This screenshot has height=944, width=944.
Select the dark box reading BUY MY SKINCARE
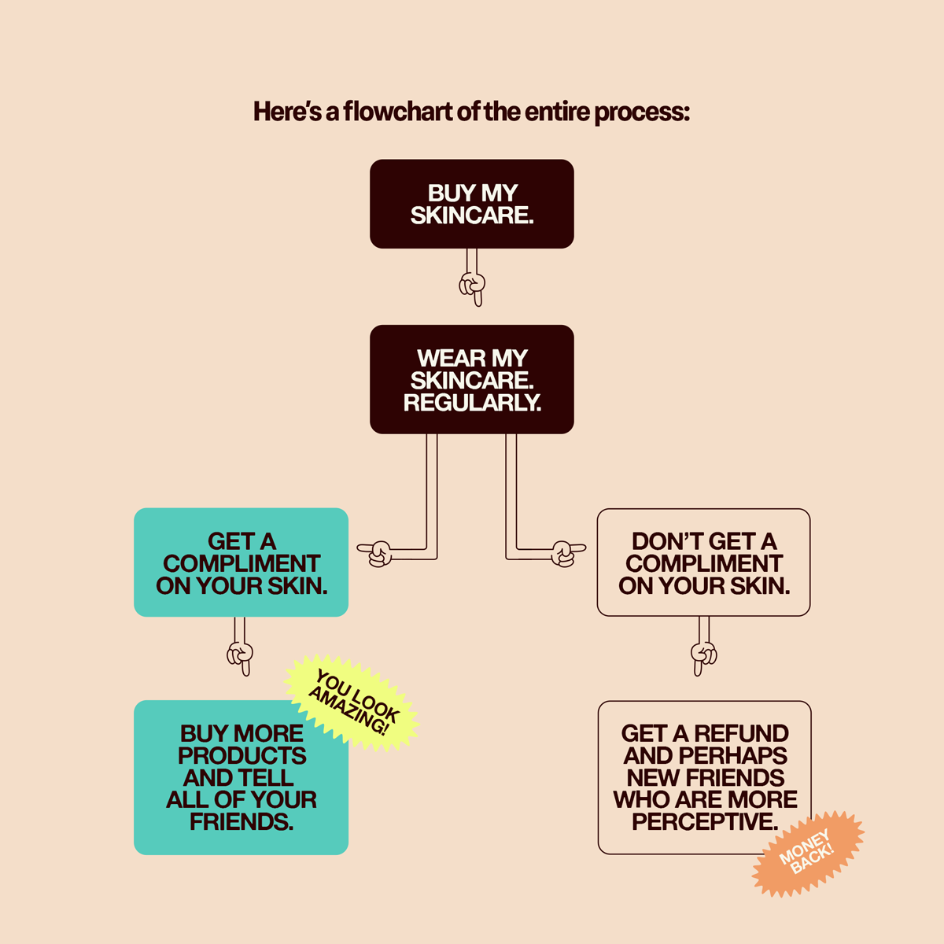tap(472, 204)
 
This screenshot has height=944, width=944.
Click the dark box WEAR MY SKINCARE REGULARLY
tap(472, 379)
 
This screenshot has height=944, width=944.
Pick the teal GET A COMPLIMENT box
tap(241, 562)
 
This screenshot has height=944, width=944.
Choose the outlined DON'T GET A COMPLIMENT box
tap(703, 562)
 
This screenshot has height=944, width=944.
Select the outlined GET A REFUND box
tap(704, 777)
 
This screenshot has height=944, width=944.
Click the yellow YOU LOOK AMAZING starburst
tap(352, 702)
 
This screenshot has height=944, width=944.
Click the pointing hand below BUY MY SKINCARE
tap(473, 286)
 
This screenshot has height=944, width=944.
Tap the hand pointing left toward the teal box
tap(377, 553)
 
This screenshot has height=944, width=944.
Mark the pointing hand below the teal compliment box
tap(241, 655)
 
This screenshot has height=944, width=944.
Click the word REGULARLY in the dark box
tap(472, 403)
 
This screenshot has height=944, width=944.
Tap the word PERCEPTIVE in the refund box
tap(705, 822)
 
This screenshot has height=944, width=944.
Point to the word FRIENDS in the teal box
tap(241, 822)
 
